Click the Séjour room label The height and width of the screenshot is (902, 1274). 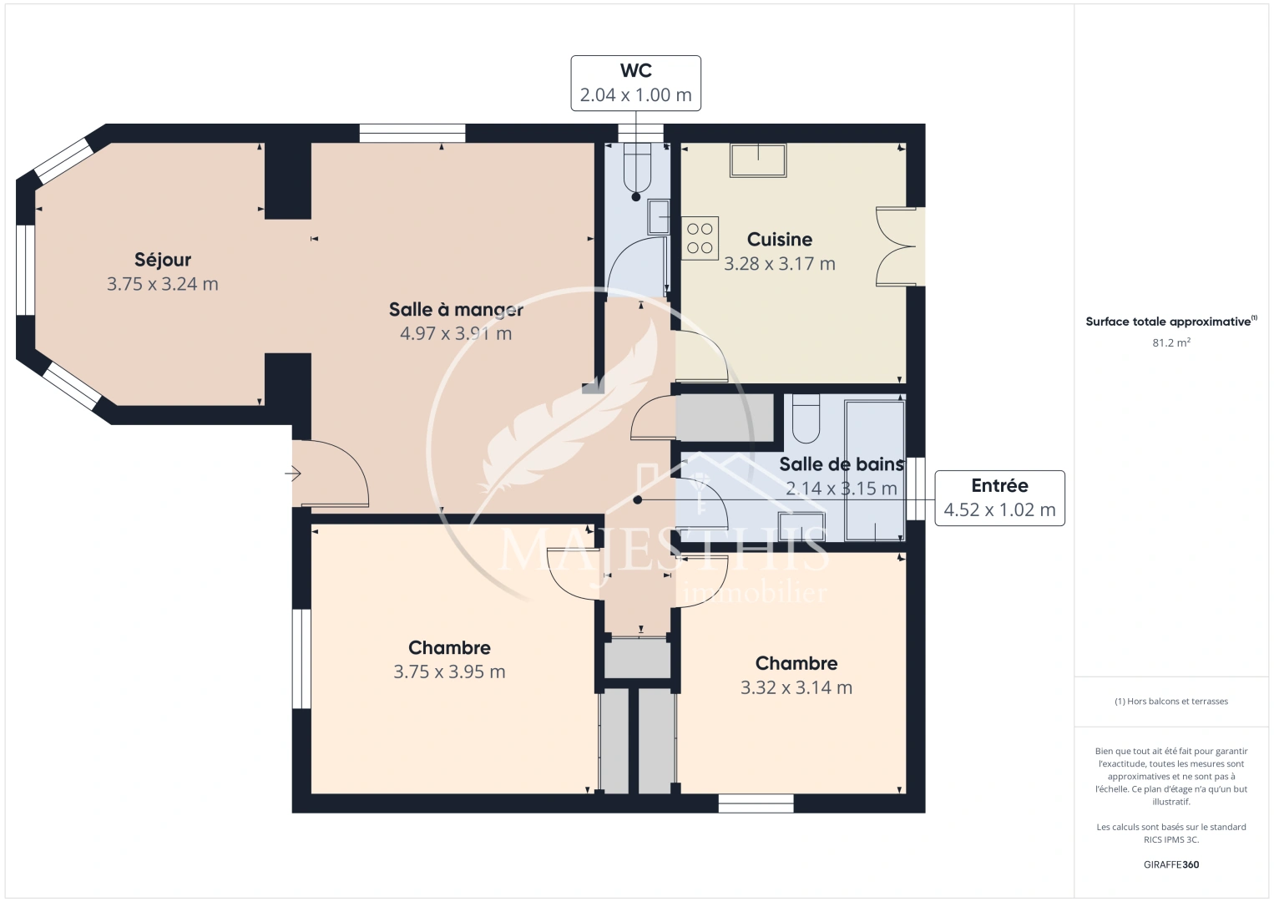click(163, 260)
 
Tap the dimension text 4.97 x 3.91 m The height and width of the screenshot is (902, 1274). click(456, 333)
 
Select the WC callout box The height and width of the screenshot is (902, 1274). click(635, 84)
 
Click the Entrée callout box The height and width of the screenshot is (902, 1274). click(999, 498)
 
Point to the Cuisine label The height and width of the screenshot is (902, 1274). click(779, 240)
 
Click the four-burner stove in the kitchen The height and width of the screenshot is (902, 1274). click(700, 238)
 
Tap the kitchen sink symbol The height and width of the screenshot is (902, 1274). click(758, 160)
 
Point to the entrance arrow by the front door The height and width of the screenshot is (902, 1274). click(293, 474)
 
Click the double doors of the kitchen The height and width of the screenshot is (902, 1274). click(897, 246)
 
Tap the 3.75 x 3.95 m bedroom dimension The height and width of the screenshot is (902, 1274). click(449, 671)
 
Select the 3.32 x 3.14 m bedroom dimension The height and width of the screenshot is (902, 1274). click(796, 687)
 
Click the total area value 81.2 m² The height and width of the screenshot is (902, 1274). click(1170, 342)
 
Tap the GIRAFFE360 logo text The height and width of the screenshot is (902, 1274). click(1170, 864)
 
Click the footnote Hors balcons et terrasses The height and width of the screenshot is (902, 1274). click(1170, 702)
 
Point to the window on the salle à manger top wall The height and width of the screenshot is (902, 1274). click(412, 133)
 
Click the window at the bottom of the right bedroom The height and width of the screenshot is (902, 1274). click(756, 803)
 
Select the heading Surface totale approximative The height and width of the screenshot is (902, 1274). click(1169, 322)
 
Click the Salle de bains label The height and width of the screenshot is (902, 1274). click(841, 464)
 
